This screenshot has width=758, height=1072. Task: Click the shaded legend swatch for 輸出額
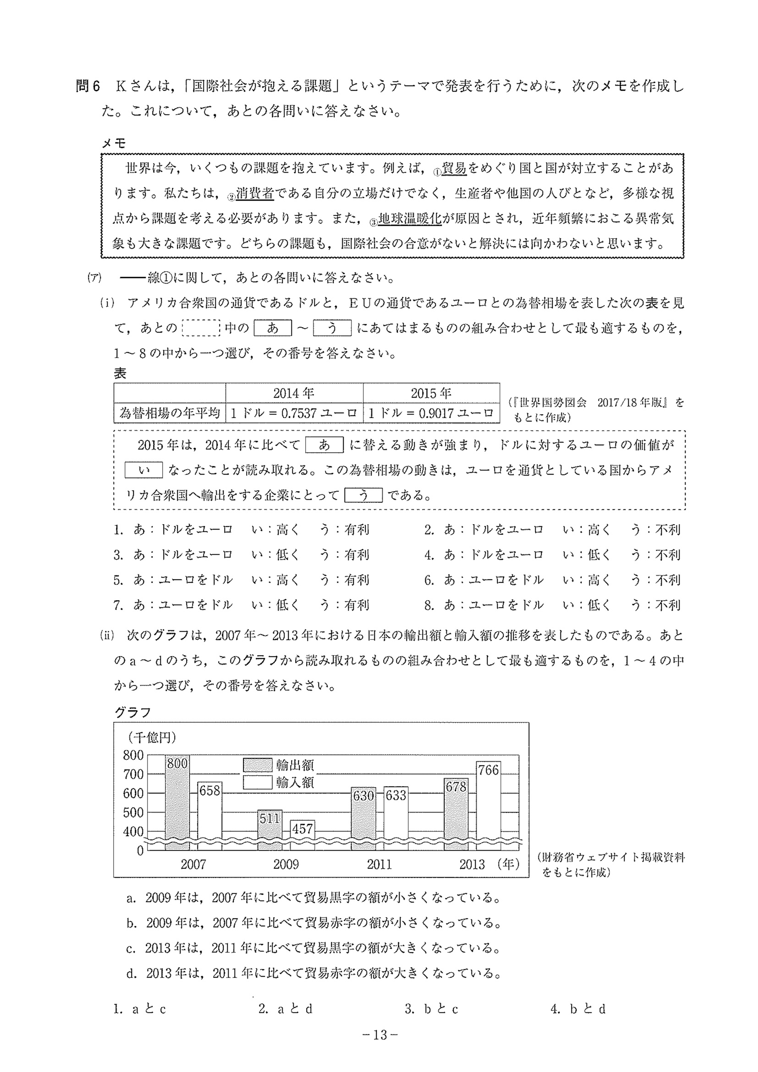(258, 765)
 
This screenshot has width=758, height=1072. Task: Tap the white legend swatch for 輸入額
(258, 782)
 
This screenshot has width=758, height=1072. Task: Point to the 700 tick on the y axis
(133, 774)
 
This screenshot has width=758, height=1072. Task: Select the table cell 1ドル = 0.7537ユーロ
(294, 413)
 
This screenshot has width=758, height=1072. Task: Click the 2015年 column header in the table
(431, 393)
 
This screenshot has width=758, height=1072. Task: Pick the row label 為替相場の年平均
(170, 413)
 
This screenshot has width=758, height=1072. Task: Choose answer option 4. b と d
(578, 1009)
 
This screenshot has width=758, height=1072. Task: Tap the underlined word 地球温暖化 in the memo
(410, 219)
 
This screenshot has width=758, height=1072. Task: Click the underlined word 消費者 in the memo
(255, 193)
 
